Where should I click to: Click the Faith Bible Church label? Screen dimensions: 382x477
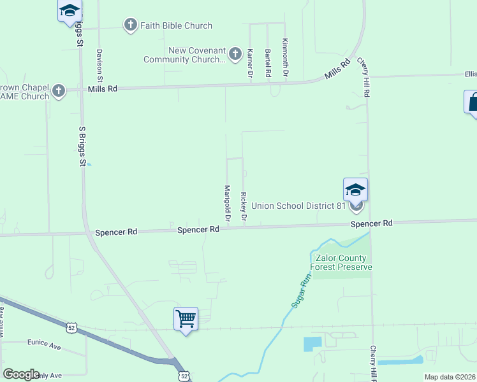click(x=171, y=25)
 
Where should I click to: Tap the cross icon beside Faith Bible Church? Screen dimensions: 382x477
click(x=130, y=25)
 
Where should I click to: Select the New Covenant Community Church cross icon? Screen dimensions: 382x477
click(x=235, y=53)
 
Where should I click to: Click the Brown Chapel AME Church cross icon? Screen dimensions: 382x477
click(x=59, y=90)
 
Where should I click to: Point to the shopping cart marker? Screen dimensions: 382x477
click(x=186, y=318)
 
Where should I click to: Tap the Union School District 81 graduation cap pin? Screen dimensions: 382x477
click(x=355, y=189)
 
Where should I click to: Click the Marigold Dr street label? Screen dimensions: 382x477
click(x=226, y=204)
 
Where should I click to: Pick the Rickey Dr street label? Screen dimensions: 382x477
click(x=243, y=207)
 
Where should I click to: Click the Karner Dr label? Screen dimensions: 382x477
click(x=250, y=64)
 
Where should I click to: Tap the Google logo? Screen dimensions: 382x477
click(x=21, y=374)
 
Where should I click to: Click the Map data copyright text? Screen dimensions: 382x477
click(x=450, y=377)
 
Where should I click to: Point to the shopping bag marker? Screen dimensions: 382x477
click(x=473, y=102)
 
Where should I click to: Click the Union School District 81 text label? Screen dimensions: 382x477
click(x=298, y=206)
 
